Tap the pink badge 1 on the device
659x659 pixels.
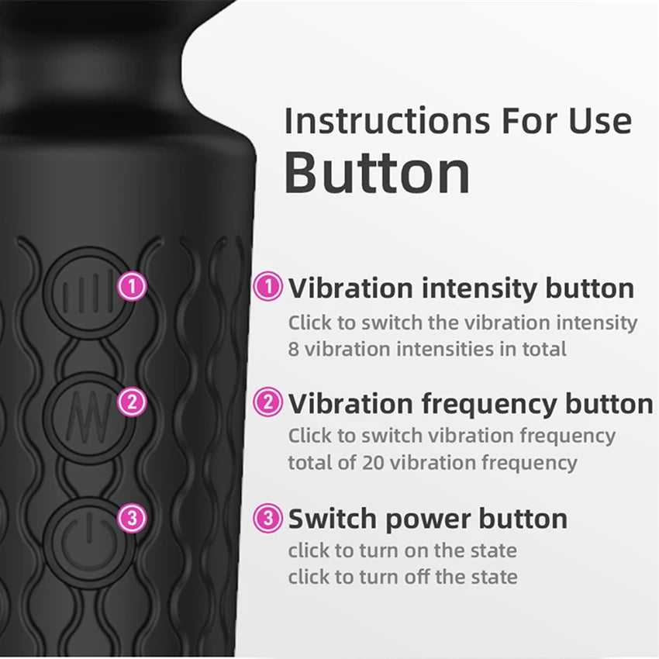[132, 287]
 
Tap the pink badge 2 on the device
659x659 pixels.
[132, 402]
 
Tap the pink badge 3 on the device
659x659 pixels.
[132, 517]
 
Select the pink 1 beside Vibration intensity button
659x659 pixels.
[268, 288]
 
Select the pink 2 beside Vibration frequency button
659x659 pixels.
[268, 402]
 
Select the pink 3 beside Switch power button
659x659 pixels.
[268, 517]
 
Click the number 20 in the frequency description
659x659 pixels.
[371, 464]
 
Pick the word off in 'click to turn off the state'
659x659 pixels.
[397, 578]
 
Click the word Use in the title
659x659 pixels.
[598, 121]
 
